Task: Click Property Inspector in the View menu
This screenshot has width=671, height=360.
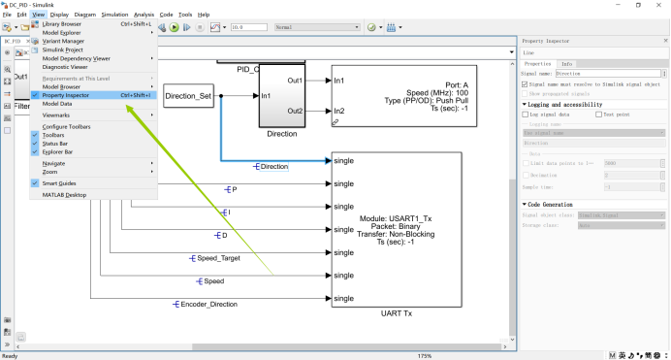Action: pos(66,95)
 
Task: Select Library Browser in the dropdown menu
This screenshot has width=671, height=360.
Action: pos(63,23)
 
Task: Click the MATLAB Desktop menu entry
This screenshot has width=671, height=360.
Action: pos(64,194)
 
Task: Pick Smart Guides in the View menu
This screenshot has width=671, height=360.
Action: pos(59,182)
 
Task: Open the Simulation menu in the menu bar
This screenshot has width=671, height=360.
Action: pos(114,16)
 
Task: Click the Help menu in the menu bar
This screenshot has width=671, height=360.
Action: pos(204,16)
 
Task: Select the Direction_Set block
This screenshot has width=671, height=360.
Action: pos(188,96)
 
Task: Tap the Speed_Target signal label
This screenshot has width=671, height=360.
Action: pos(219,258)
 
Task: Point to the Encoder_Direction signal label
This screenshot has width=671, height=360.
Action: pos(208,305)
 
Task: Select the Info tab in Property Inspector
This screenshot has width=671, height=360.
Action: pos(566,63)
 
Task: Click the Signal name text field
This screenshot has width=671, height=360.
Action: pos(607,73)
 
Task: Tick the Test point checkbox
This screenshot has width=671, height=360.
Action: pos(597,114)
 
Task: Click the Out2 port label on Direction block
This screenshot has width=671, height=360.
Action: pos(296,111)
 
